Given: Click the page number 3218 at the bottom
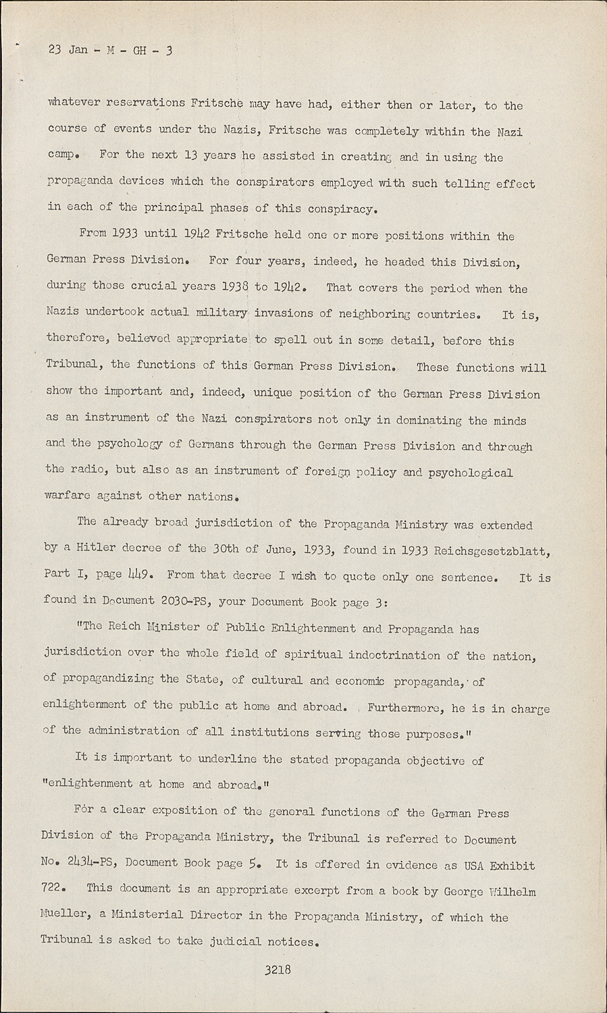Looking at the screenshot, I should click(278, 970).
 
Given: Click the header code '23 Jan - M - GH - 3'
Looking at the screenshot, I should click(110, 50).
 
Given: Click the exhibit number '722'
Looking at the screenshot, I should click(51, 889).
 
